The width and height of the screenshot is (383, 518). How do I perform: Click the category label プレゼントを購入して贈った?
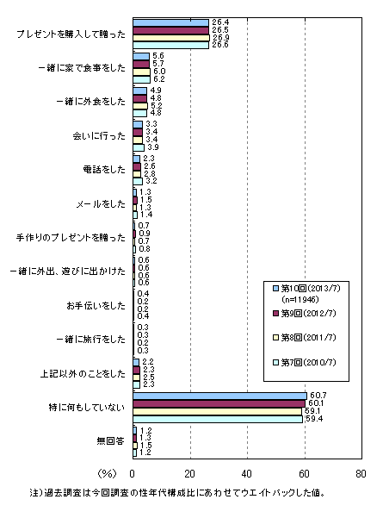click(71, 34)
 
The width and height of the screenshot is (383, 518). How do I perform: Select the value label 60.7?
click(318, 396)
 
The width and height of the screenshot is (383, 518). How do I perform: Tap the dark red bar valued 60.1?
click(219, 403)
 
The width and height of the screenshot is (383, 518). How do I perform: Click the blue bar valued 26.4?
click(171, 22)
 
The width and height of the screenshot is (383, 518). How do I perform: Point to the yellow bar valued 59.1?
click(218, 411)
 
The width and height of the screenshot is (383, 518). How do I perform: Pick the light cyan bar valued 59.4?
click(218, 419)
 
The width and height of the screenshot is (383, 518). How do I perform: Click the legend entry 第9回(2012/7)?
click(305, 313)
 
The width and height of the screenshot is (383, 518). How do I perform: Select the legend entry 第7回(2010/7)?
click(305, 362)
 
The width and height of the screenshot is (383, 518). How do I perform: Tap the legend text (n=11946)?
click(300, 300)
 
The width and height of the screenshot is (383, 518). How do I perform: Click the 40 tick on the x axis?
click(247, 474)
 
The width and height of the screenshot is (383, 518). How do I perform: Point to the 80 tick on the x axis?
click(361, 474)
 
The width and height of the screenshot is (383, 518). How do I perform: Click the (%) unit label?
click(108, 474)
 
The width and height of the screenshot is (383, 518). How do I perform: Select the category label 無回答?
click(110, 440)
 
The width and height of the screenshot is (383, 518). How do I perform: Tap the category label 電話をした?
click(104, 170)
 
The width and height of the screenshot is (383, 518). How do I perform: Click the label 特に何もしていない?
click(87, 407)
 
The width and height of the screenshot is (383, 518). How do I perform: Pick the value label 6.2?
click(159, 79)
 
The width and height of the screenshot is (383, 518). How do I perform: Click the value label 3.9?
click(153, 147)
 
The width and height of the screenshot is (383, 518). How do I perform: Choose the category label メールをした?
click(101, 203)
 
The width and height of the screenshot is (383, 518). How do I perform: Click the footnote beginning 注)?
click(177, 493)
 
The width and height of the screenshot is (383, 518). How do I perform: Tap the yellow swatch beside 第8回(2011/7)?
click(276, 338)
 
